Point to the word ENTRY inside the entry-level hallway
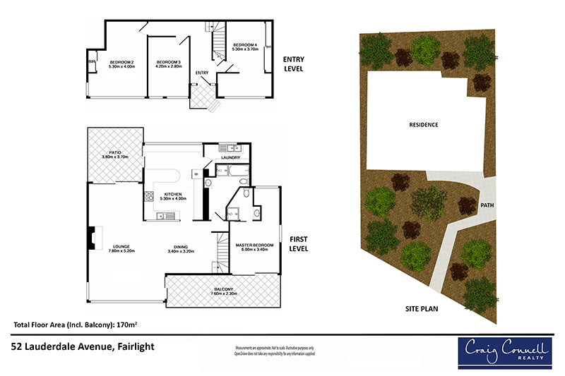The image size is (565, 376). coord(202,73)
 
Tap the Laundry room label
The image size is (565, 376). coord(231,157)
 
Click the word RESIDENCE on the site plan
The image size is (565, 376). coord(424,125)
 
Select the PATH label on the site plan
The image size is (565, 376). coord(487,206)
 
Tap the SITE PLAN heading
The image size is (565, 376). coord(424,309)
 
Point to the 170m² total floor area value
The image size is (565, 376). coord(126,325)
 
